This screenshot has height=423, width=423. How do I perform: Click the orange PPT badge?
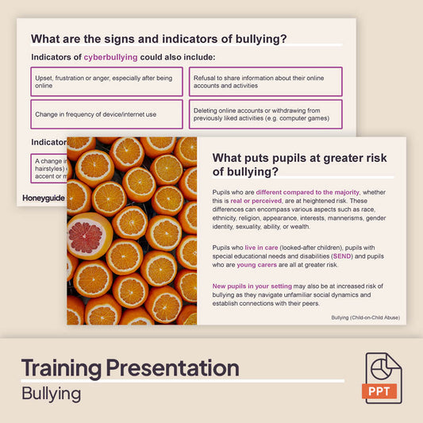(383, 391)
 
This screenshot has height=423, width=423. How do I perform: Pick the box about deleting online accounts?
(265, 114)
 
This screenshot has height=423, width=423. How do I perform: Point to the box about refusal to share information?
(265, 82)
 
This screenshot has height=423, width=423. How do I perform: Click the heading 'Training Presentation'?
(129, 368)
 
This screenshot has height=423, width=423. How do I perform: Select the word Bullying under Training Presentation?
(52, 393)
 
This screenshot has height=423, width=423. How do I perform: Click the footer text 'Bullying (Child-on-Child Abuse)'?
(365, 317)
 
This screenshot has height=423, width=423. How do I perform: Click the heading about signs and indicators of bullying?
(159, 38)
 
